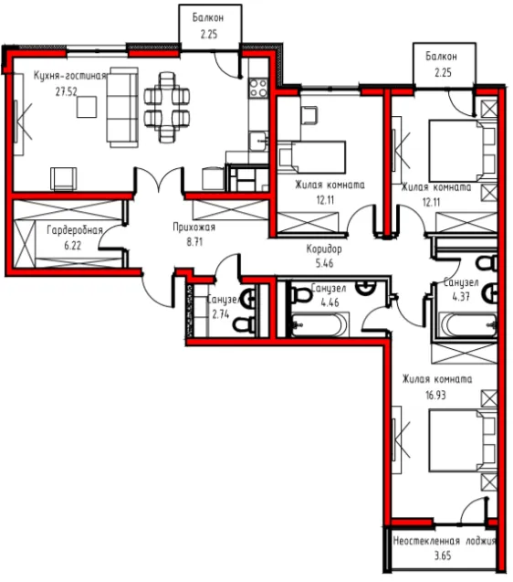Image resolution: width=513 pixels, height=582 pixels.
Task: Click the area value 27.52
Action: [67, 91]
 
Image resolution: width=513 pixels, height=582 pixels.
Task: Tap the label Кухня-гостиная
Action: [70, 76]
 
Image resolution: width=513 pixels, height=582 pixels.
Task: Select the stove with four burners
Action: [258, 88]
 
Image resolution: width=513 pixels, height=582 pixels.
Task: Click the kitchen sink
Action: [258, 141]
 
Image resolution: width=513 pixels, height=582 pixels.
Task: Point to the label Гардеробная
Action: [75, 231]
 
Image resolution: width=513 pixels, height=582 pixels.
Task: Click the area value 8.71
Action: [194, 242]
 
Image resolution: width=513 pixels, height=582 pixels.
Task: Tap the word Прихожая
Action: [194, 227]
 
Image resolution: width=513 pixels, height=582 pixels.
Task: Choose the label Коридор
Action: [324, 249]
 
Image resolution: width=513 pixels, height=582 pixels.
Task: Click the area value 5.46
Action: [324, 263]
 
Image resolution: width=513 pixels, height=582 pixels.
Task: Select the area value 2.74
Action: [220, 314]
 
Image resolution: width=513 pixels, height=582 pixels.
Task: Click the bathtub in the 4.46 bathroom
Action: [319, 324]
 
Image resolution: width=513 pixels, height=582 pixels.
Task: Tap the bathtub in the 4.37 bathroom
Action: [467, 324]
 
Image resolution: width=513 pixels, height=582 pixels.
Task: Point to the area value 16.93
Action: [435, 395]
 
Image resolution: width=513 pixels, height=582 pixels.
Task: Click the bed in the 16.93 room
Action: [462, 440]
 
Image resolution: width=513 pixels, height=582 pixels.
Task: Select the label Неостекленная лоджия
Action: [444, 541]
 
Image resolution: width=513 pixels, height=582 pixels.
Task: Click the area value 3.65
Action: [443, 556]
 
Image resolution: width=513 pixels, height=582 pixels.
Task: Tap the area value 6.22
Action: [72, 246]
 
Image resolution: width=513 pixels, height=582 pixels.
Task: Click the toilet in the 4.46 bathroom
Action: [301, 296]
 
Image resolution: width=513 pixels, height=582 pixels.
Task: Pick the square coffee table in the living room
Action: [87, 107]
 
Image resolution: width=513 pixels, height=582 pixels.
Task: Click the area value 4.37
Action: [461, 297]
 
